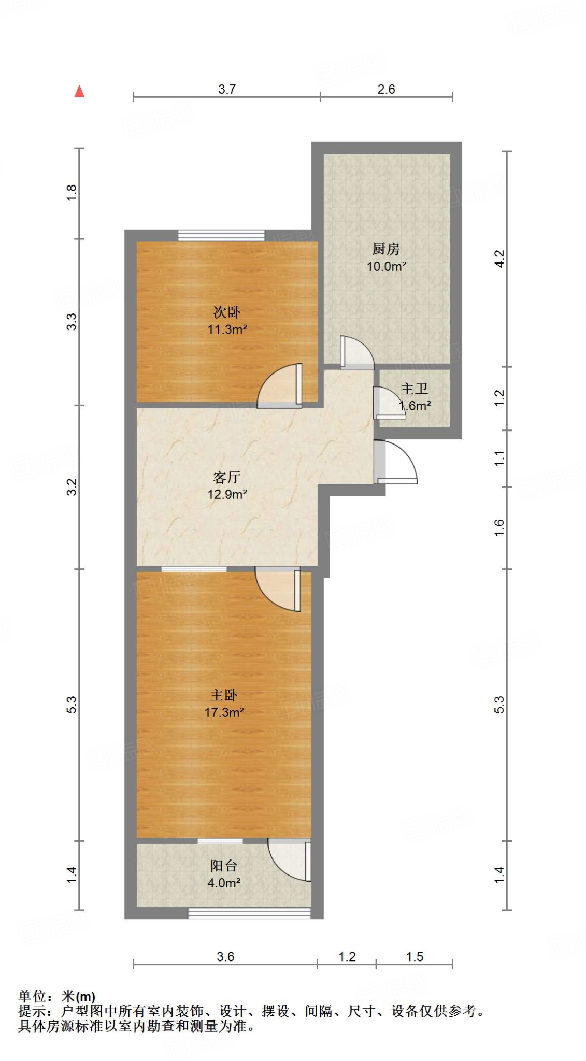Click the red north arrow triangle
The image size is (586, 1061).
(x=79, y=92)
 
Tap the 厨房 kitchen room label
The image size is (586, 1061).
(x=386, y=249)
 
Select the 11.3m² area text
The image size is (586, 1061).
(x=227, y=329)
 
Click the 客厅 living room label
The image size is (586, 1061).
(x=226, y=477)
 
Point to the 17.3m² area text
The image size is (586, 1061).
(x=224, y=712)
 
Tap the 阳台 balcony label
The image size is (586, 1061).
(x=223, y=866)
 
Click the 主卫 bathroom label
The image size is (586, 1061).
(x=414, y=389)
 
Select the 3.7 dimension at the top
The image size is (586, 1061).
(x=227, y=89)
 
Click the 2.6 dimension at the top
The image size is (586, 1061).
(x=386, y=89)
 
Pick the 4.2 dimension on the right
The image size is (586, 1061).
(x=499, y=259)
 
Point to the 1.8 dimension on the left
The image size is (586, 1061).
(x=72, y=193)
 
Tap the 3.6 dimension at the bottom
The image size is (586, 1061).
(x=225, y=956)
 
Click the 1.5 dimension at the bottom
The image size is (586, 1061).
(x=415, y=956)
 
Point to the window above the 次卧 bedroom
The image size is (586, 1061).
(x=221, y=235)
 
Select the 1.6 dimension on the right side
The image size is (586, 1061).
(x=499, y=527)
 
